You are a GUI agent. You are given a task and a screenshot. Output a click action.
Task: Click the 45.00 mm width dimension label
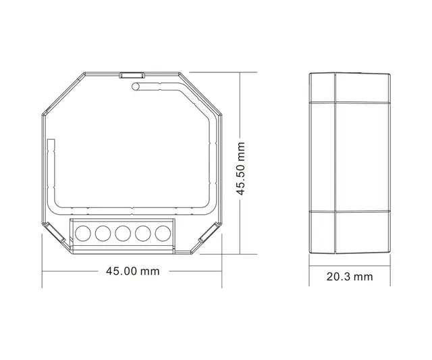pyautogui.click(x=132, y=270)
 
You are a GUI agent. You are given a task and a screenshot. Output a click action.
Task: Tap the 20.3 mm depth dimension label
pyautogui.click(x=349, y=276)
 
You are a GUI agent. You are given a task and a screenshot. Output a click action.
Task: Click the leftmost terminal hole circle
pyautogui.click(x=82, y=234)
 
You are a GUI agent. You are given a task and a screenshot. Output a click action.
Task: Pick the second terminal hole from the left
pyautogui.click(x=103, y=234)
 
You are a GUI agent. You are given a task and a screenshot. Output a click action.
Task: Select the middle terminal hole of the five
pyautogui.click(x=123, y=234)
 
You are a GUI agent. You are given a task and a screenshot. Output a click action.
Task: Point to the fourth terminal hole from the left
pyautogui.click(x=143, y=234)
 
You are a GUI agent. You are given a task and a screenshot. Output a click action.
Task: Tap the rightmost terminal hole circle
pyautogui.click(x=163, y=234)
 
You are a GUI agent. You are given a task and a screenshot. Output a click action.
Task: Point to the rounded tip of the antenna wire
pyautogui.click(x=136, y=86)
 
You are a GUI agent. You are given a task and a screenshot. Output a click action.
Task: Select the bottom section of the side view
pyautogui.click(x=349, y=233)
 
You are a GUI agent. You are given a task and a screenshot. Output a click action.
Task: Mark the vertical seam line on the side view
pyautogui.click(x=335, y=162)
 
